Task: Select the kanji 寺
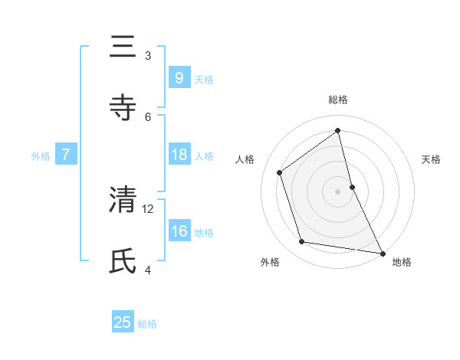pos(123,106)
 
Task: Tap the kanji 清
pos(123,199)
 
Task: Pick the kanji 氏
pos(123,260)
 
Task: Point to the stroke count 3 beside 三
pos(148,55)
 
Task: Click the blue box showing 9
pos(179,77)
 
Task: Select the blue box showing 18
pos(179,155)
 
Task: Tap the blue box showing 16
pos(179,231)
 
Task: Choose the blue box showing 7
pos(66,155)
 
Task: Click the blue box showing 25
pos(123,322)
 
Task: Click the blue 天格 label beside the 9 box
pos(204,79)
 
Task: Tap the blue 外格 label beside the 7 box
pos(41,156)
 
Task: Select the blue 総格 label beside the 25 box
pos(147,324)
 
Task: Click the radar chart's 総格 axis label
pos(338,100)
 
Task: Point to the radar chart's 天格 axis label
pos(431,159)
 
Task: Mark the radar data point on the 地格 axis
pos(382,253)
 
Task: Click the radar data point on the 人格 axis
pos(280,172)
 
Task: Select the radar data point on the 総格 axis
pos(338,130)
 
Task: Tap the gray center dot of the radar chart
pos(338,191)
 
